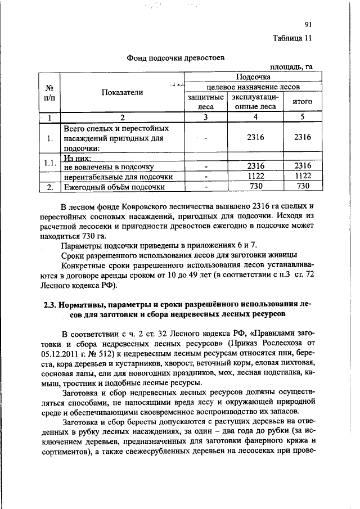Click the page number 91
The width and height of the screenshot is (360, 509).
pos(308,24)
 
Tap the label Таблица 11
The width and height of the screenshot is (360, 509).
pos(292,39)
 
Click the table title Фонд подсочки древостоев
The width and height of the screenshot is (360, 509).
pos(175,58)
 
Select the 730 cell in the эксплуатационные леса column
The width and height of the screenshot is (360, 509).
pos(256,187)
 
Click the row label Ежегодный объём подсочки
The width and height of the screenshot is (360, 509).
pos(114,187)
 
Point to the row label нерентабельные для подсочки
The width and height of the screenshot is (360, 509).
pos(118,177)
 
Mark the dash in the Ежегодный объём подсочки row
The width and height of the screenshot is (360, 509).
pos(206,187)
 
